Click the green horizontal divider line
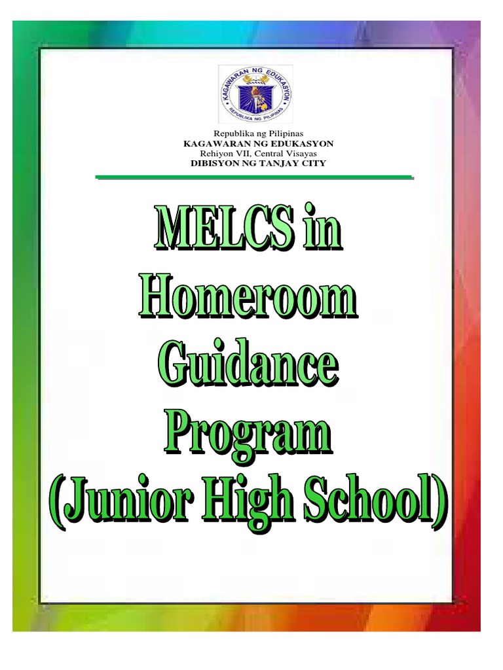click(x=254, y=177)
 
